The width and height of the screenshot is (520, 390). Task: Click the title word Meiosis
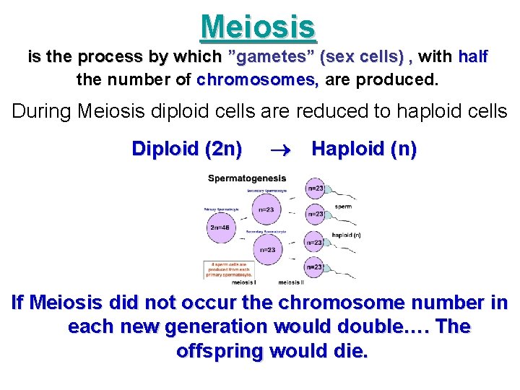coord(259,27)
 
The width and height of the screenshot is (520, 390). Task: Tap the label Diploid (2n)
coord(186,149)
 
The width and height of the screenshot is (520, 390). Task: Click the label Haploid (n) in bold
coord(363,149)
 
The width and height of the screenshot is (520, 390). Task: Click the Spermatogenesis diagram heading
coord(247,178)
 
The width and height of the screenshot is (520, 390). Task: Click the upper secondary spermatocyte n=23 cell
coord(266,209)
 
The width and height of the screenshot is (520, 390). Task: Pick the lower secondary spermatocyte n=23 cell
coord(266,249)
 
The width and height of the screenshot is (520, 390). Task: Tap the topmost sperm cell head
coord(315,189)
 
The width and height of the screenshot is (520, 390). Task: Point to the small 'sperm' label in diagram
coord(343,207)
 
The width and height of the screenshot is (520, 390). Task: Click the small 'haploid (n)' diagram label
coord(346,235)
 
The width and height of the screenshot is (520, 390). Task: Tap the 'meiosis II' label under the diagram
coord(290,282)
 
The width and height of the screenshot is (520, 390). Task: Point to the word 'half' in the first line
coord(473,56)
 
